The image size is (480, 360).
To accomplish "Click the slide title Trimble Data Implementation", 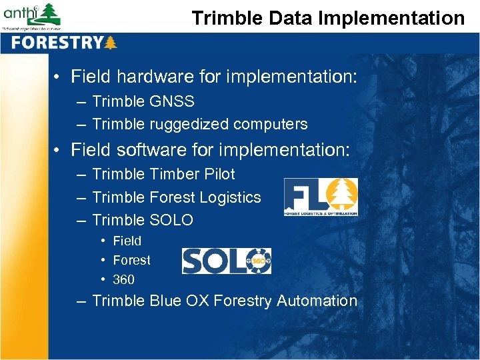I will (x=328, y=18).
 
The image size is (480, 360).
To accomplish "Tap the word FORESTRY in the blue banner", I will (x=57, y=43).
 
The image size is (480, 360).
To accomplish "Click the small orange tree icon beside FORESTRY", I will (x=111, y=43).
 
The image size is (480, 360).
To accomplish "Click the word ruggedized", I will (x=179, y=125).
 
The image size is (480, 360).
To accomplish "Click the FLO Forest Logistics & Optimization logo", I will (x=321, y=197).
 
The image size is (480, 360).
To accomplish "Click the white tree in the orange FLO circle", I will (x=344, y=193).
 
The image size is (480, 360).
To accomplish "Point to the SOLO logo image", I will (x=227, y=261).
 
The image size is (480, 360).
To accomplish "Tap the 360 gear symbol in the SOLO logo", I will (x=258, y=261).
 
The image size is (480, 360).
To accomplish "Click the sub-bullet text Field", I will (x=127, y=241).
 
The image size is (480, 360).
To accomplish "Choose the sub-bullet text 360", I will (x=123, y=280).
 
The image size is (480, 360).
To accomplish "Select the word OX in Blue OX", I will (x=199, y=301).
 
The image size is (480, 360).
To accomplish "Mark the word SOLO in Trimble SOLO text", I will (x=171, y=221).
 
